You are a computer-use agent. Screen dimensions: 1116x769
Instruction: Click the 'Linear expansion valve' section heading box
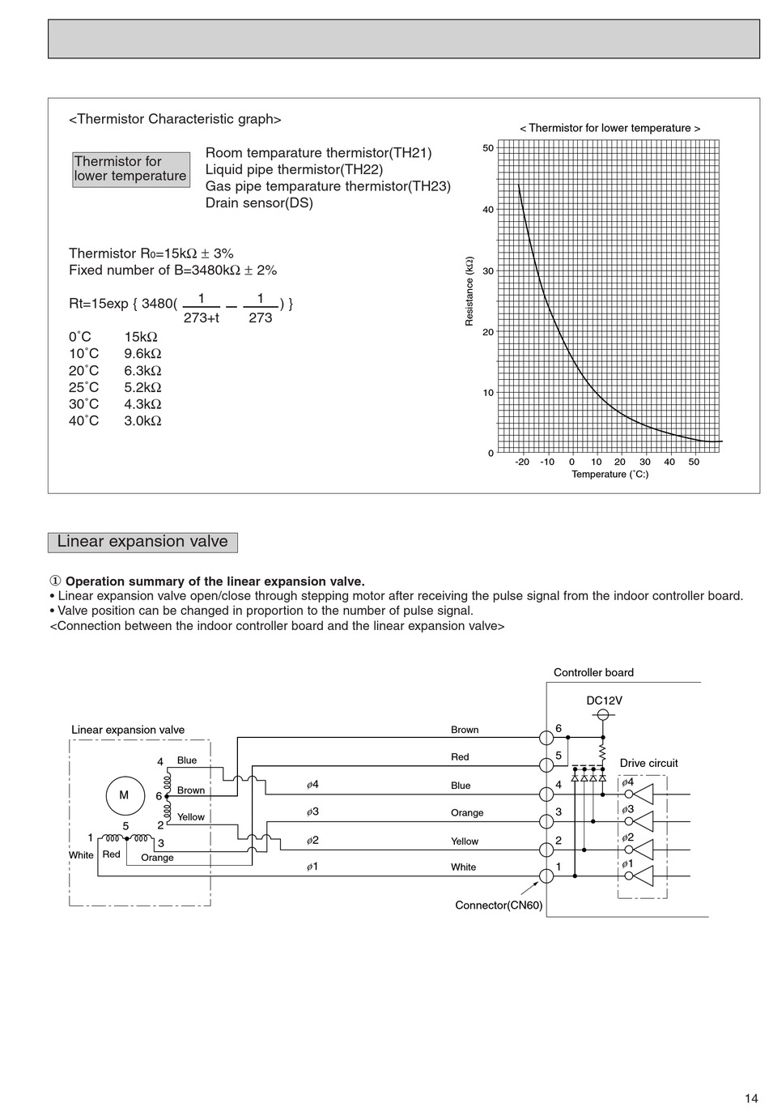(x=142, y=542)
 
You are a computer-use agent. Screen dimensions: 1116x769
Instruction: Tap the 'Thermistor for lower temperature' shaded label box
(x=130, y=169)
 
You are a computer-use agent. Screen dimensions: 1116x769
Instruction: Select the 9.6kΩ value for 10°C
(x=142, y=354)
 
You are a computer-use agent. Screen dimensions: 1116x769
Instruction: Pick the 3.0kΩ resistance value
(x=142, y=421)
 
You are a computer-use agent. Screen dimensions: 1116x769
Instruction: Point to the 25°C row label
(x=83, y=388)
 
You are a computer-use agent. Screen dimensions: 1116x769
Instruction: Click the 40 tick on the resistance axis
(x=488, y=210)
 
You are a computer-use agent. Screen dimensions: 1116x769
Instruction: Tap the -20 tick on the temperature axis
(x=522, y=462)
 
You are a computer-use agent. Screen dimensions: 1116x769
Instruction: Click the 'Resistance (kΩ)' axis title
(x=469, y=292)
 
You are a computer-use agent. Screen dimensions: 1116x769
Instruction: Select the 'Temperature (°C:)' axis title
(x=610, y=474)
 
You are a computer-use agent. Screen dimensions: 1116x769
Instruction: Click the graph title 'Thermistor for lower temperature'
(x=610, y=128)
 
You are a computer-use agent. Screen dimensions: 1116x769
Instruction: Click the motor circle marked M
(x=124, y=795)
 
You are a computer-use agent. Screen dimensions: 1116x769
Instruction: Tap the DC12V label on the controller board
(x=604, y=701)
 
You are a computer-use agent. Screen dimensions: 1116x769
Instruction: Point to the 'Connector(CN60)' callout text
(x=499, y=905)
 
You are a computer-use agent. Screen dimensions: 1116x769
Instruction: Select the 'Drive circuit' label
(x=648, y=763)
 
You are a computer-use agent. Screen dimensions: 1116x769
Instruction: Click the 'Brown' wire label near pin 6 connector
(x=465, y=730)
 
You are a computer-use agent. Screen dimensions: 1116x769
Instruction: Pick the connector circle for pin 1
(x=546, y=876)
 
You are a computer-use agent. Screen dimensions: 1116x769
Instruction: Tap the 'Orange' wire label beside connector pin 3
(x=467, y=813)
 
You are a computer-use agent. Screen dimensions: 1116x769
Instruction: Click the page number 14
(x=751, y=1098)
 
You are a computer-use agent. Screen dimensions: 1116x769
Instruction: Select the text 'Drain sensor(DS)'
(x=259, y=203)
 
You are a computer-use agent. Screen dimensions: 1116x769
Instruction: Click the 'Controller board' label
(x=593, y=672)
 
